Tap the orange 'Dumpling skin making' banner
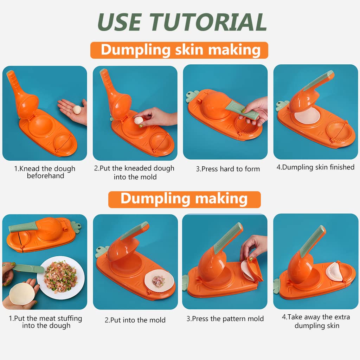(x=180, y=50)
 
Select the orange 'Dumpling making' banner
(x=184, y=199)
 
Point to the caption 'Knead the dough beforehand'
(x=45, y=172)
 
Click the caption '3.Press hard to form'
(x=228, y=169)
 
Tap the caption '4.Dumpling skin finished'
(x=315, y=167)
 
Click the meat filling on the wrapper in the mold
(x=159, y=281)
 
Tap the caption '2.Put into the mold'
(x=135, y=320)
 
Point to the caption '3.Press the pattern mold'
(x=225, y=319)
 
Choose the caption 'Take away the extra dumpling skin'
(x=316, y=321)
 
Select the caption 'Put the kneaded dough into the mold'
(x=134, y=172)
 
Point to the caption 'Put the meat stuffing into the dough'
(x=45, y=322)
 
